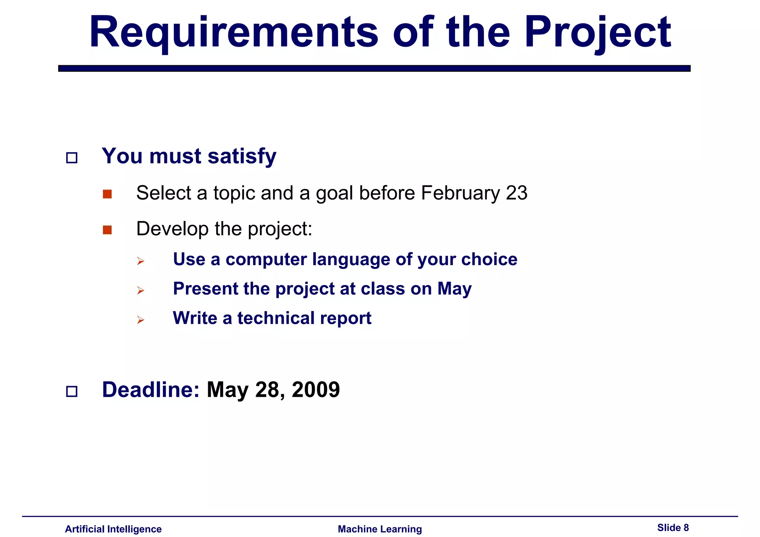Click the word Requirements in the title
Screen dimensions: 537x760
tap(234, 33)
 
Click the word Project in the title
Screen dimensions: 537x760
tap(597, 33)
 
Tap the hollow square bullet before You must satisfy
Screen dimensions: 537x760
tap(72, 158)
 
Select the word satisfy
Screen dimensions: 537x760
tap(242, 156)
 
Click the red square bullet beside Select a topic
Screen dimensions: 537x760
tap(107, 194)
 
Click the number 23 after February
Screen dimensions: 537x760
tap(517, 193)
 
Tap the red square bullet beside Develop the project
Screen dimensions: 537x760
tap(107, 230)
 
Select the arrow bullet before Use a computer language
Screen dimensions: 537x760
tap(140, 261)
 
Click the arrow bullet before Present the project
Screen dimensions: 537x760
tap(140, 290)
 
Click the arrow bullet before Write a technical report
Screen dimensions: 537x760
tap(140, 320)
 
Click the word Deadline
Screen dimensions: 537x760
tap(151, 390)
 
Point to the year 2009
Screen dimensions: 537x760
tap(315, 390)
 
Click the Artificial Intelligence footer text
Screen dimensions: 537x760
tap(113, 529)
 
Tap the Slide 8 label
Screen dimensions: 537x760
tap(673, 528)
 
